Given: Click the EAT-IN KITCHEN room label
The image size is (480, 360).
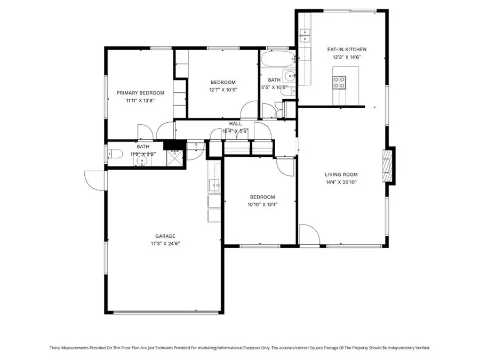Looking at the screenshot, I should [x=347, y=50].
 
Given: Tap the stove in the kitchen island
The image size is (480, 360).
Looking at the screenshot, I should [x=339, y=82].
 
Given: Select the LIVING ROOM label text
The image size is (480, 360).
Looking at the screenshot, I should [x=341, y=174].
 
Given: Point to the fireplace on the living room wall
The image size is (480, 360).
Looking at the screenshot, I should [x=388, y=165].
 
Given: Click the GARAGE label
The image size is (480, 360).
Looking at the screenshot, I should [x=165, y=236].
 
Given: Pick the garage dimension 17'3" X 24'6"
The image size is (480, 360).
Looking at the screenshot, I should [x=165, y=244].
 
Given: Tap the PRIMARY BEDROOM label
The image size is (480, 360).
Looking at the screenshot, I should [x=140, y=93].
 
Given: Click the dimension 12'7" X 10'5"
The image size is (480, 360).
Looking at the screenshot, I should [x=223, y=90].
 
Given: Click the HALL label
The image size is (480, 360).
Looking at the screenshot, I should [x=235, y=124].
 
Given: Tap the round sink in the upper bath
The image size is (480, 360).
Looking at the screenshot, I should [x=289, y=75].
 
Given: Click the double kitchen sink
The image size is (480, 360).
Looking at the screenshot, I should [x=306, y=37].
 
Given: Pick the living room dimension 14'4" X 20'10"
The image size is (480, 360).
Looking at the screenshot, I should [x=341, y=182].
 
